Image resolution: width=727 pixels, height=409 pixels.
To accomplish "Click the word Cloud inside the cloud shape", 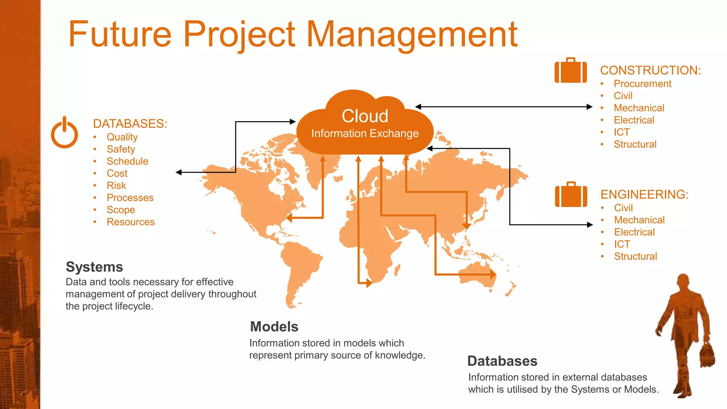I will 365,116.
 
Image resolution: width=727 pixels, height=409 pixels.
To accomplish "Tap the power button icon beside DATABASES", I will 64,133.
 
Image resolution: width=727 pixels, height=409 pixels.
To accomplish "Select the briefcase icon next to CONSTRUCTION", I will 570,71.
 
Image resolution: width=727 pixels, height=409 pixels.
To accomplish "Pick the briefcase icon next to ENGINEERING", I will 571,195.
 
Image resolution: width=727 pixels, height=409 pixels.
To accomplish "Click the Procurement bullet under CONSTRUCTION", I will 642,84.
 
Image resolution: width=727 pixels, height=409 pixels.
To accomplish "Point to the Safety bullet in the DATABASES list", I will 121,149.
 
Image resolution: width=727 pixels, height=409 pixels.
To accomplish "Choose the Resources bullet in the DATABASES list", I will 131,222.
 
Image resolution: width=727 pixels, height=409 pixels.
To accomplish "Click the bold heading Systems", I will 94,267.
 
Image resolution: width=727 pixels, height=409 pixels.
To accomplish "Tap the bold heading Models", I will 274,327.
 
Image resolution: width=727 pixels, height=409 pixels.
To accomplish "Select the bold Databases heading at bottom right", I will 502,361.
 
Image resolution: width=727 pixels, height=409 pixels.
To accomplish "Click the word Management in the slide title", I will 412,34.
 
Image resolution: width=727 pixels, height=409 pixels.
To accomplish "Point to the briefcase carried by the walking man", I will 707,356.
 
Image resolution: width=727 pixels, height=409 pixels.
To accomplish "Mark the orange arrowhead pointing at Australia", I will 493,274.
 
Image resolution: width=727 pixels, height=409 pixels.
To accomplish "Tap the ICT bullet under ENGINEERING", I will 622,244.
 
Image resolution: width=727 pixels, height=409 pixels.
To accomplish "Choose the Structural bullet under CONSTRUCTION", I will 635,144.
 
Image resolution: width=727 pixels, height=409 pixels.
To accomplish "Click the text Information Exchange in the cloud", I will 365,133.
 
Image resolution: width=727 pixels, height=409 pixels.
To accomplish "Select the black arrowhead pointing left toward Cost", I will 179,172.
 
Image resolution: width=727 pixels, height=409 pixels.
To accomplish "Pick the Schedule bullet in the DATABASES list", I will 127,161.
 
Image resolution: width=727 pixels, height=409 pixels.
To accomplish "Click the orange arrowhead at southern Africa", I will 369,283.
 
